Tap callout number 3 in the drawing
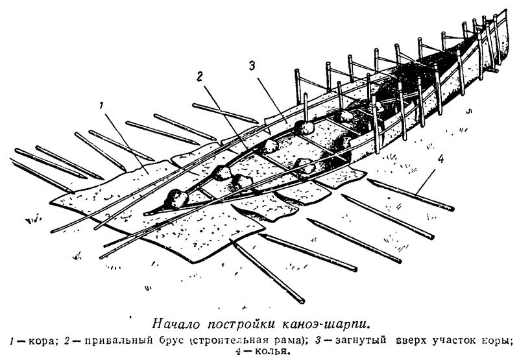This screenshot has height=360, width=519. point(251,66)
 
